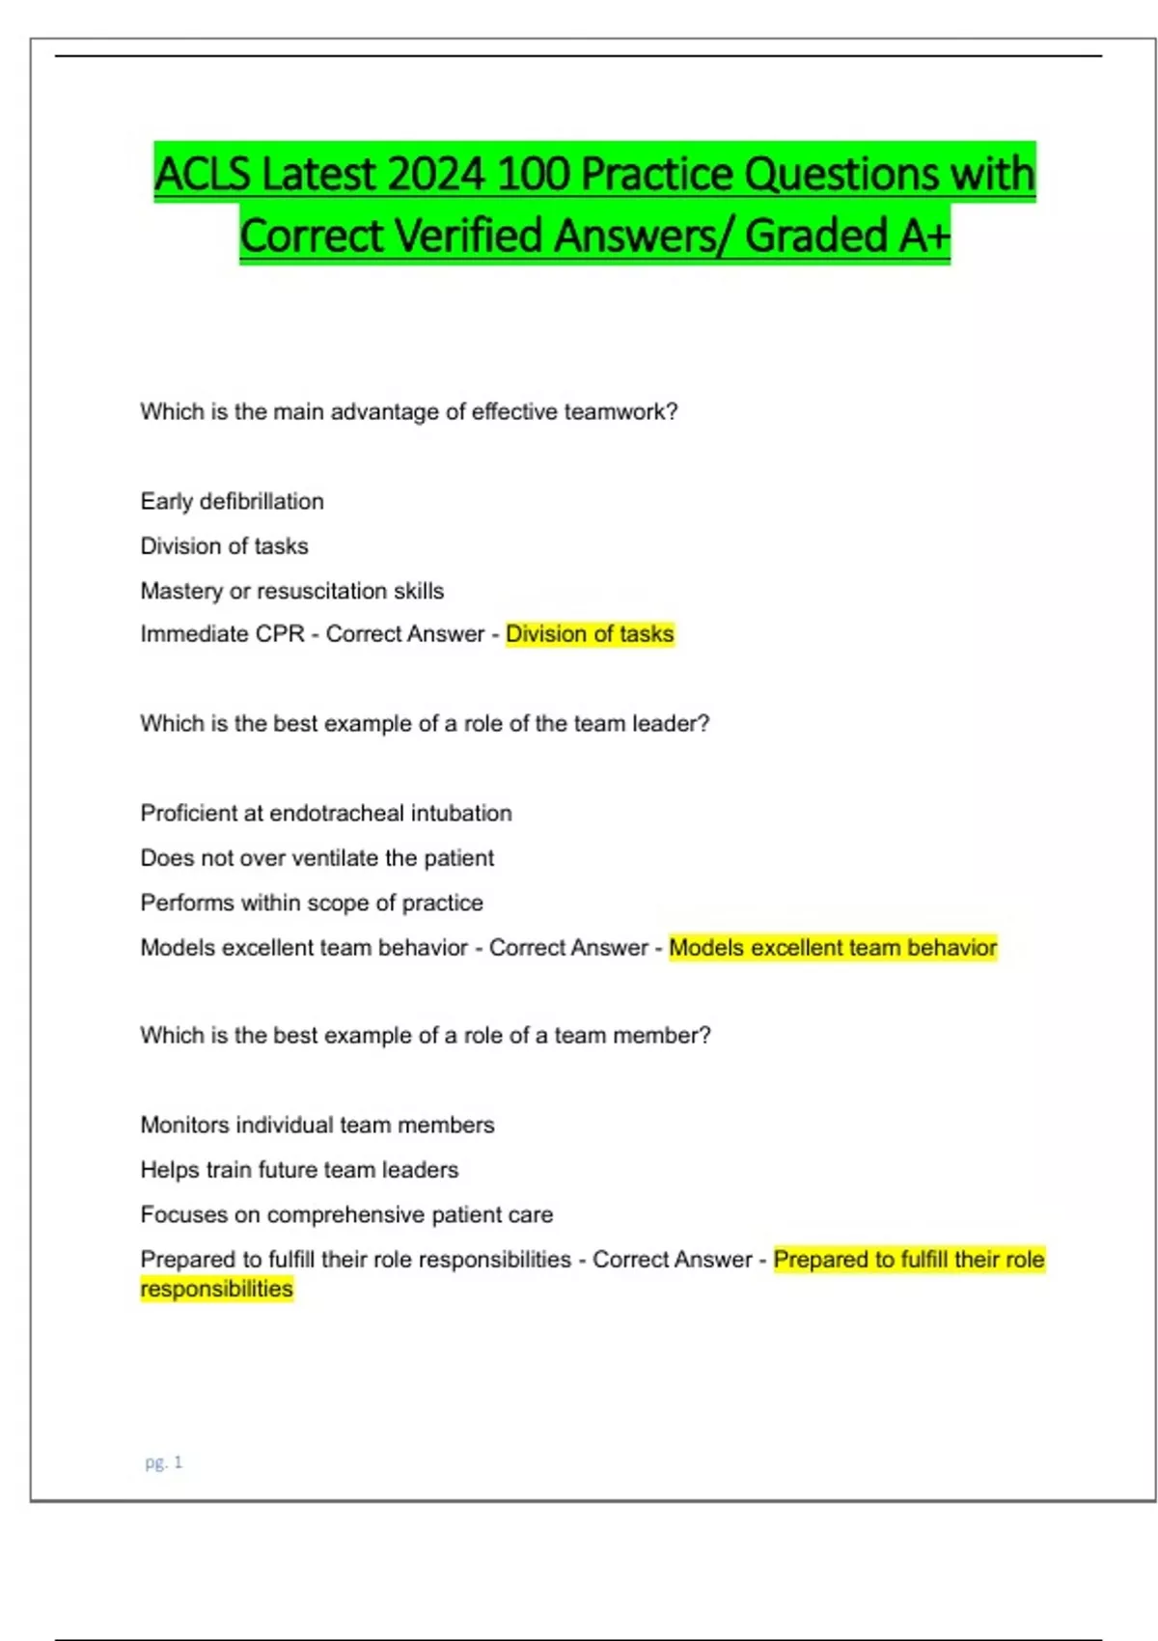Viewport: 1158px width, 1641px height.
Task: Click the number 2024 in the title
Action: click(436, 175)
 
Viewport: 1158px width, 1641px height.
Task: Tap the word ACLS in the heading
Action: click(204, 175)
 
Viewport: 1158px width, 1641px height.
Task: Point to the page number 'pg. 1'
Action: click(163, 1462)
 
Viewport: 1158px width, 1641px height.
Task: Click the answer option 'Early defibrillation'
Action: click(233, 501)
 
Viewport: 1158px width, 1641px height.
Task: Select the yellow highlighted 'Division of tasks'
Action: click(590, 634)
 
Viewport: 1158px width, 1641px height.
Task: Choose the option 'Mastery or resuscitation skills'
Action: click(292, 591)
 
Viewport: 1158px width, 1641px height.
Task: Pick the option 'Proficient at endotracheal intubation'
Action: click(326, 813)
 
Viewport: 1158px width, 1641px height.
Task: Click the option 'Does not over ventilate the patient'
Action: click(317, 858)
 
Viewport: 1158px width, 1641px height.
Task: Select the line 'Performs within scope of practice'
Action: click(312, 903)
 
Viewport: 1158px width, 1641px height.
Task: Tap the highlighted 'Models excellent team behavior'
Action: click(833, 948)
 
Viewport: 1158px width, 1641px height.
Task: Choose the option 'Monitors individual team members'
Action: click(317, 1125)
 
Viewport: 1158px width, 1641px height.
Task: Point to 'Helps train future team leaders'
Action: click(299, 1170)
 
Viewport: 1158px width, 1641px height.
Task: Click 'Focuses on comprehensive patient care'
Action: click(346, 1214)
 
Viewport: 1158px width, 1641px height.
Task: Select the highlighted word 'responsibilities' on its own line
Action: click(217, 1289)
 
